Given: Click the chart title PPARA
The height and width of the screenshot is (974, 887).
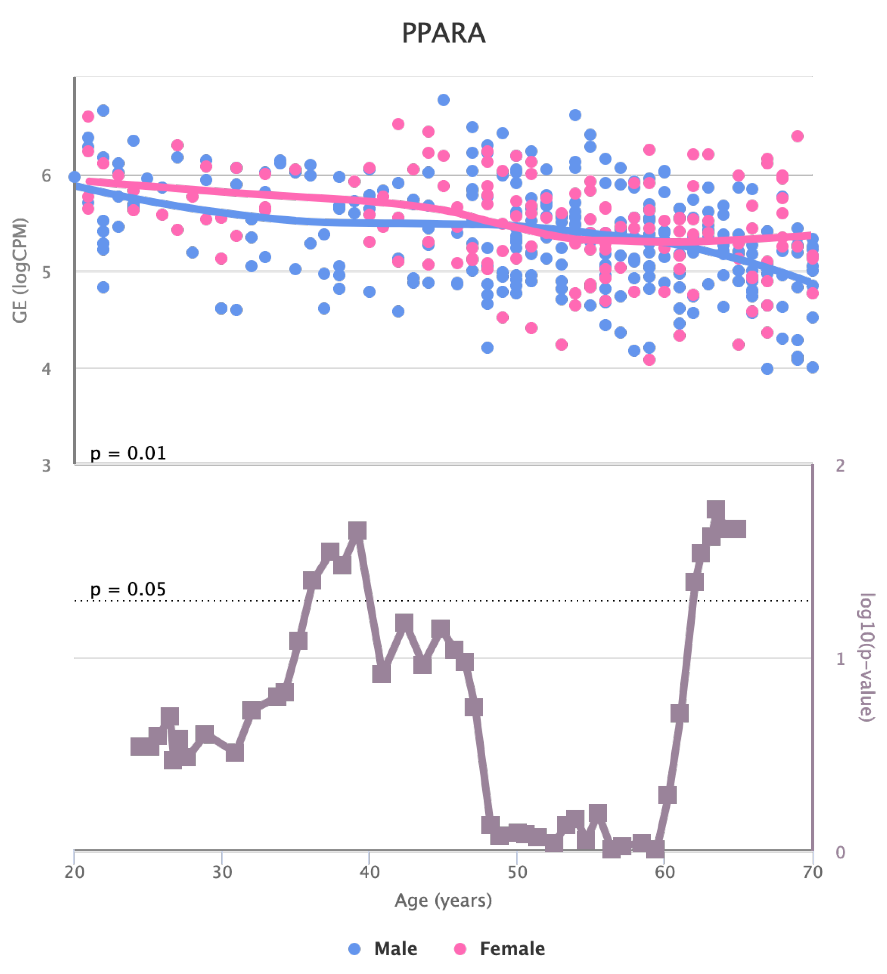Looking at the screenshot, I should [443, 33].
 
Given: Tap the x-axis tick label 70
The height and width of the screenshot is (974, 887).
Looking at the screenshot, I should [812, 872].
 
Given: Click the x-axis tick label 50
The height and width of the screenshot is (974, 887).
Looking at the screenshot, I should [517, 872].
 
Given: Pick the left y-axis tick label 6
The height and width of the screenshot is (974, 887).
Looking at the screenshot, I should [46, 175].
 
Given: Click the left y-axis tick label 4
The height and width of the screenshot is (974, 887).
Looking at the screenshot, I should [46, 369].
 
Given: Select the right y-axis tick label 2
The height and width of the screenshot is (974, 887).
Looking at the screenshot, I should [841, 465].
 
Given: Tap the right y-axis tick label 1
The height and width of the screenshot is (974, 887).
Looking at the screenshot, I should [841, 659].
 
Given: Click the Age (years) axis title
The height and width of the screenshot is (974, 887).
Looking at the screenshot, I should [443, 900].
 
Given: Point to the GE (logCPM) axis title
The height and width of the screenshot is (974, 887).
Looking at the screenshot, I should [20, 271].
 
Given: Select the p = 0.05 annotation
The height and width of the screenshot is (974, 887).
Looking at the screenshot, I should [128, 589].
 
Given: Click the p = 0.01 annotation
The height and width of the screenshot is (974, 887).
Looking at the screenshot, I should [128, 453].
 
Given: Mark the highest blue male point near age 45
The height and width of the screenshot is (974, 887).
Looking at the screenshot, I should [443, 100].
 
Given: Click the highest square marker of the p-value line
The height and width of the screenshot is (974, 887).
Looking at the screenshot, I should [716, 510].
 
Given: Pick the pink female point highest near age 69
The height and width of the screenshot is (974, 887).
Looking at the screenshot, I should [798, 136].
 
